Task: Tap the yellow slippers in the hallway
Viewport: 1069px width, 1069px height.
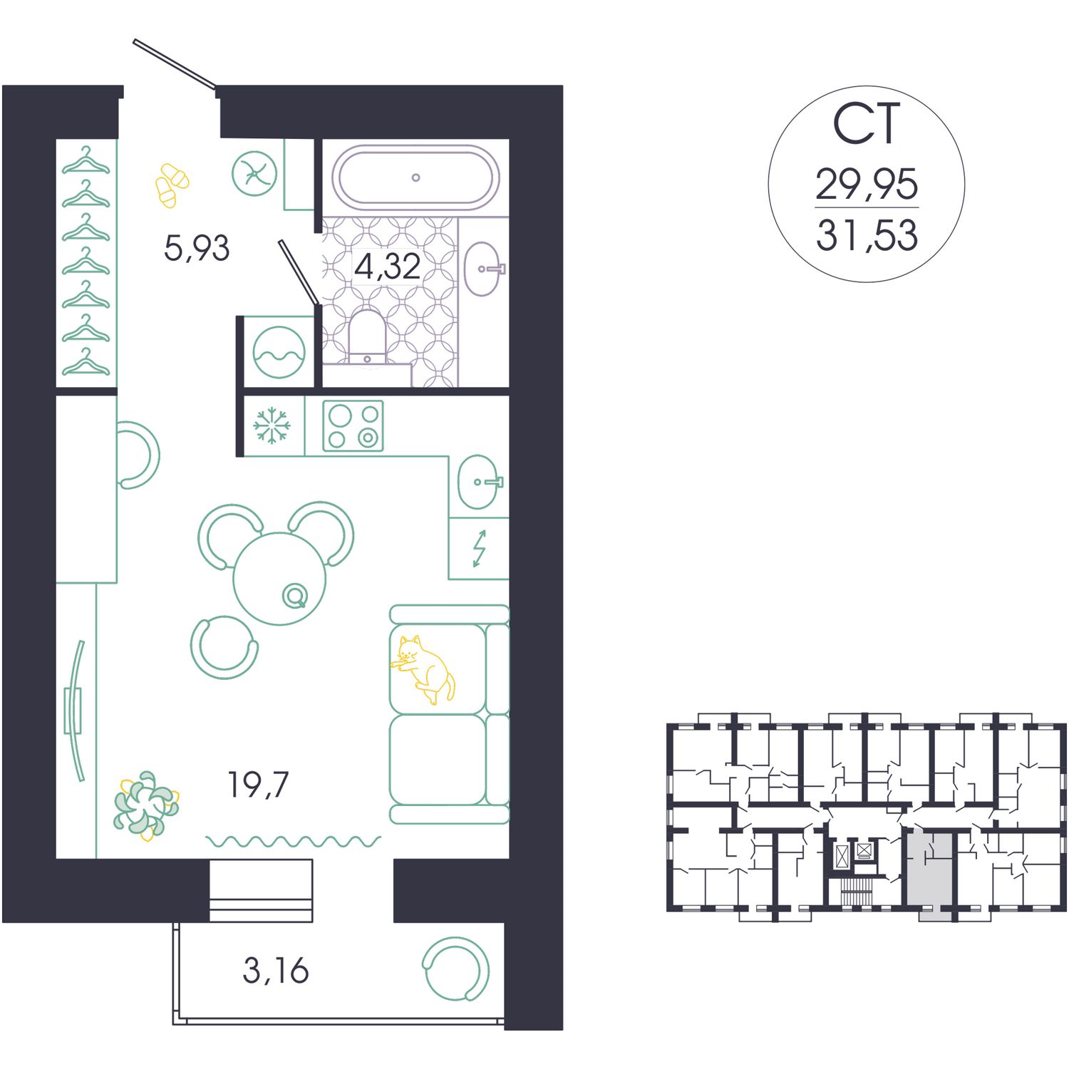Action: [172, 185]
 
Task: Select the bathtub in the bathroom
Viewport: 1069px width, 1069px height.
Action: [415, 177]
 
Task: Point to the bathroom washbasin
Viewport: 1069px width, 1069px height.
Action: [484, 269]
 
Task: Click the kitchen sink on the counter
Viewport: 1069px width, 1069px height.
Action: [479, 482]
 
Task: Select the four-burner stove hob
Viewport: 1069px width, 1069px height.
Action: [353, 425]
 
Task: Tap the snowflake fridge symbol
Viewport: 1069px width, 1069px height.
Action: [272, 425]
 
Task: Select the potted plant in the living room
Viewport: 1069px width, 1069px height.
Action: [146, 803]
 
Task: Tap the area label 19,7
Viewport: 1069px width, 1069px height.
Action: [258, 785]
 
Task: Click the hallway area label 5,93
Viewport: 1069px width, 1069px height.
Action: [197, 249]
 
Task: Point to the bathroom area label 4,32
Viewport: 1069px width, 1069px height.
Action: [387, 267]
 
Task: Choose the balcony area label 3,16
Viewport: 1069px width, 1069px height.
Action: [276, 971]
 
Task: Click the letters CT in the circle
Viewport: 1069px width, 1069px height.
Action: [867, 125]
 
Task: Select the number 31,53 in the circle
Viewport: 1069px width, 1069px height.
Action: [867, 236]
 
